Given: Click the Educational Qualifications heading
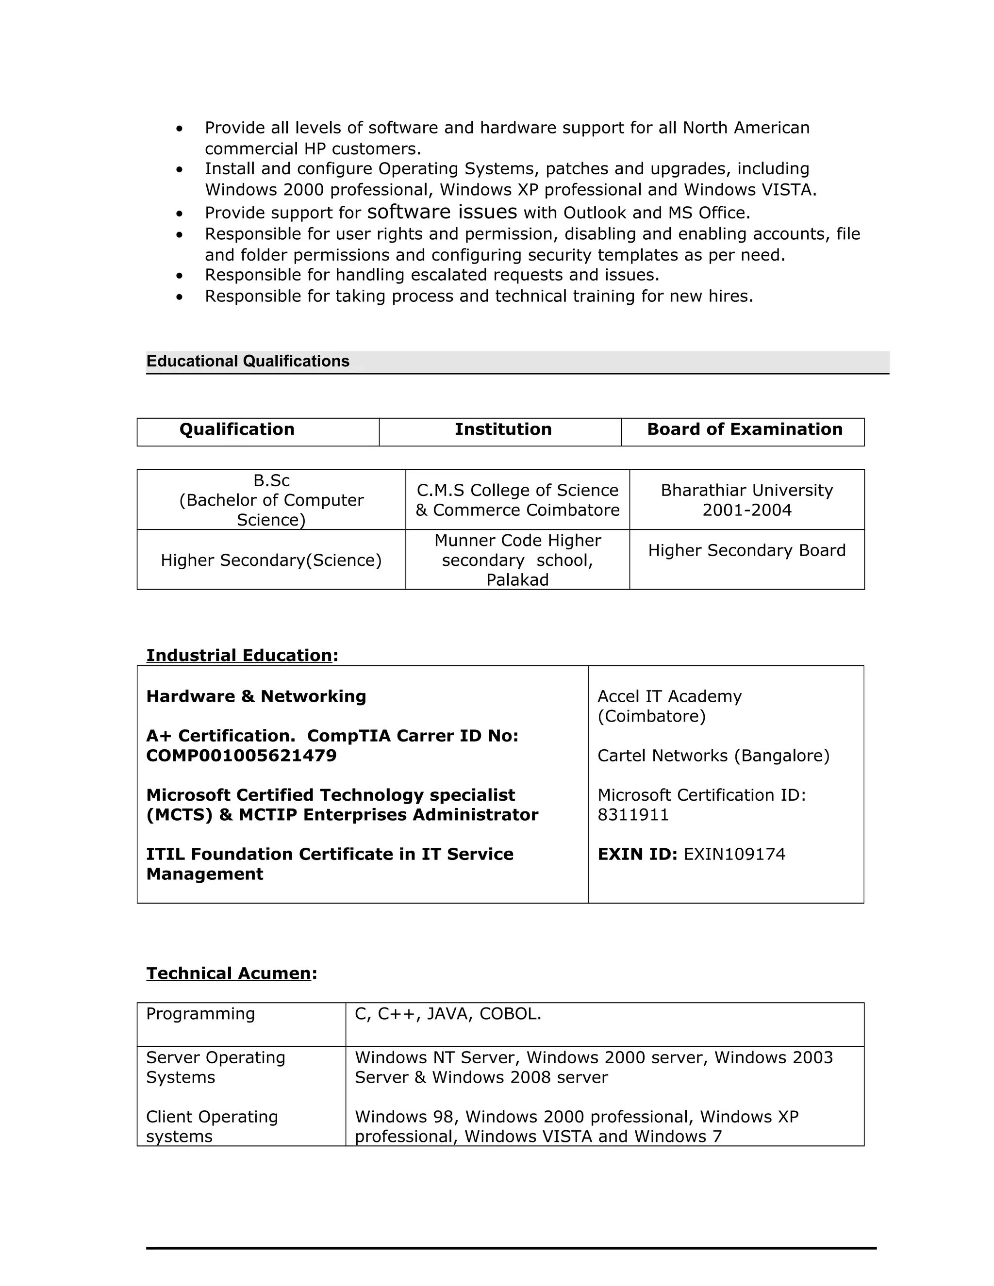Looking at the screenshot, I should (x=248, y=361).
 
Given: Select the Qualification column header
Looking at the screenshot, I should (x=237, y=429).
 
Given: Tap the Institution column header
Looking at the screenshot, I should (x=503, y=429).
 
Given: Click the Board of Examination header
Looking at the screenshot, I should (x=745, y=429).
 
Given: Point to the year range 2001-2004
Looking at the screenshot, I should (x=746, y=510).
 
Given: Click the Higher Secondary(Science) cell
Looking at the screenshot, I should (x=271, y=560).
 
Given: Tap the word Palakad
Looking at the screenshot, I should (x=517, y=580).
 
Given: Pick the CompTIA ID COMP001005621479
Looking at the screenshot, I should (x=241, y=756).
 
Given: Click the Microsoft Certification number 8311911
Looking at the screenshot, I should (x=633, y=815).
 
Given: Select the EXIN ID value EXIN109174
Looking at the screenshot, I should (x=734, y=855).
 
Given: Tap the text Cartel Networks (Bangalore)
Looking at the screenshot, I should (x=713, y=756).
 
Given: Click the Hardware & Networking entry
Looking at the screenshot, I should (x=256, y=696).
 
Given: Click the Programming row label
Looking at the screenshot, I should (x=200, y=1013).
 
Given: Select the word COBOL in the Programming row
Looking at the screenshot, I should (x=510, y=1013).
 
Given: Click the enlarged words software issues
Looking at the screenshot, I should (x=442, y=212).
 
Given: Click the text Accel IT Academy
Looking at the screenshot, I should (x=669, y=696).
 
